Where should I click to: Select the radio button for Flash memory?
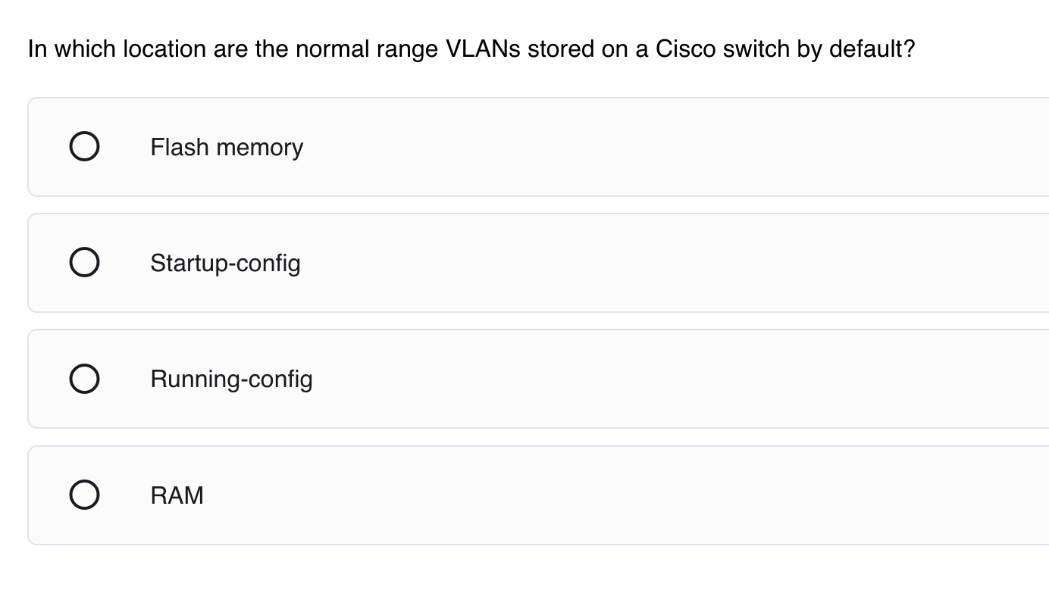84,147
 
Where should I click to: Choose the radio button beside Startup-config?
84,263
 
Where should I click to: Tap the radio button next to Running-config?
84,379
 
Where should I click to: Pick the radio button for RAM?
84,495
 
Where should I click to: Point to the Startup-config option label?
225,264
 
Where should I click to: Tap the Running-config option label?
231,379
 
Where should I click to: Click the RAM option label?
177,495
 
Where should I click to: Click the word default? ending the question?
872,49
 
